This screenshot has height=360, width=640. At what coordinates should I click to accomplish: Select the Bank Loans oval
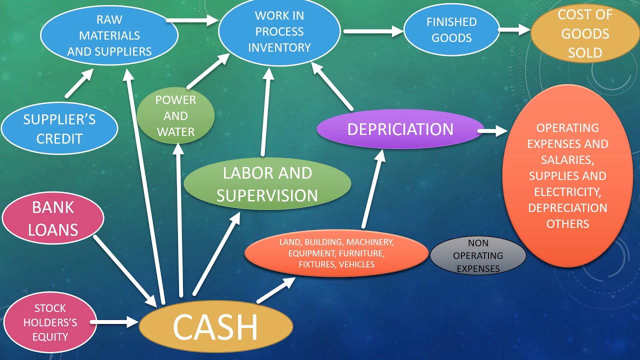click(52, 218)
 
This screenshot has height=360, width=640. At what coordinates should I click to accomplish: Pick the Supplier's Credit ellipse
click(59, 128)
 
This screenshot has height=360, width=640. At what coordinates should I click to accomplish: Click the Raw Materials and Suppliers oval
click(109, 35)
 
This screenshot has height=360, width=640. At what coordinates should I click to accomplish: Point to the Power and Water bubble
click(175, 116)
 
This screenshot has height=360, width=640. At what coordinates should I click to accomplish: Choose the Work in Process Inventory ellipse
click(279, 32)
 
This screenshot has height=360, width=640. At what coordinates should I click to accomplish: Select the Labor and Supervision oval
click(267, 184)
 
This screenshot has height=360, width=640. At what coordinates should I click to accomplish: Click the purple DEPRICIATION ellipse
click(400, 129)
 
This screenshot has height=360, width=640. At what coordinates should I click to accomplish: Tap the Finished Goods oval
click(451, 29)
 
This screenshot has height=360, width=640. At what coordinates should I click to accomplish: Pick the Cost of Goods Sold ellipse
click(584, 33)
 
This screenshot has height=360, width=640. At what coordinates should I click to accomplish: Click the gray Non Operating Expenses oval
click(478, 255)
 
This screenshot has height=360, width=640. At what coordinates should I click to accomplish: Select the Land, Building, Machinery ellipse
click(336, 253)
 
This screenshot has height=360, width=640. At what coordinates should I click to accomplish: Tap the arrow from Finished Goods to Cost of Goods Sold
click(514, 30)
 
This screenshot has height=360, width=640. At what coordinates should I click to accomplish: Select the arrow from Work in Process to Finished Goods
click(373, 31)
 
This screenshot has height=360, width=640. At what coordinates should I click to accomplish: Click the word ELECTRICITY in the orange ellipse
click(567, 191)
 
